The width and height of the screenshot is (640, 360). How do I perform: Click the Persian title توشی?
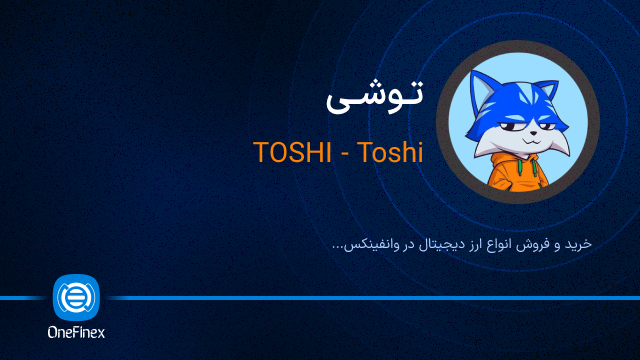[375, 98]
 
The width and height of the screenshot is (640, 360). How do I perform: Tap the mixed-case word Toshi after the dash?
[389, 153]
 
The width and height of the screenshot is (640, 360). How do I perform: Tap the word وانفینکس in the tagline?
[373, 243]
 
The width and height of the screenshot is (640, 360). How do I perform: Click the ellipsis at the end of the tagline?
[337, 246]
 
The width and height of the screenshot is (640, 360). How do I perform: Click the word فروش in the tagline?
[540, 243]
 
